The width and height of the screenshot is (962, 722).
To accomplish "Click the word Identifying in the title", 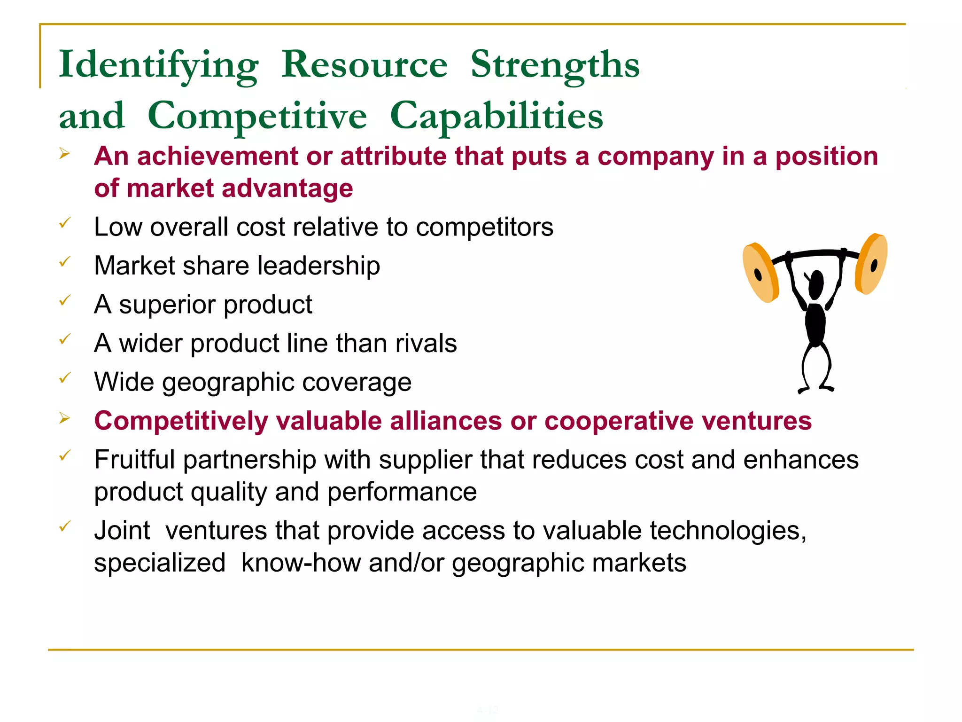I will click(158, 66).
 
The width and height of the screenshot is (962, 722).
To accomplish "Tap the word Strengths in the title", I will click(555, 65).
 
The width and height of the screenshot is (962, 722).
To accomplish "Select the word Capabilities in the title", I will click(497, 116).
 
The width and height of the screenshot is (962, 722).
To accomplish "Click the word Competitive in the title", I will click(257, 116).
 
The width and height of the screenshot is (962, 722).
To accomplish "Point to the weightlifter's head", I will click(816, 284).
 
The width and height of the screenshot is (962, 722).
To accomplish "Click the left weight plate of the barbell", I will click(760, 273).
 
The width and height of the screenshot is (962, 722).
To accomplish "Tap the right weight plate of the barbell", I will click(871, 264).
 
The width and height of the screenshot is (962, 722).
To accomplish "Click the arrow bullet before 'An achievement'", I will click(64, 154).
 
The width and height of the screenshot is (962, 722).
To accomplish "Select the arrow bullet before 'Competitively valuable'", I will click(64, 418).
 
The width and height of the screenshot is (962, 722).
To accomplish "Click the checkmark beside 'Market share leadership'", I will click(65, 261).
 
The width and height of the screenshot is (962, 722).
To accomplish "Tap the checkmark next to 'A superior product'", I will click(65, 300).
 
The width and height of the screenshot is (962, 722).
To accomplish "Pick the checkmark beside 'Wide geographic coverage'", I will click(65, 377).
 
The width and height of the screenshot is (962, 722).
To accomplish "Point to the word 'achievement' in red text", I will click(217, 157).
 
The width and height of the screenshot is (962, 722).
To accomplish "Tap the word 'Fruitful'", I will click(134, 459).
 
